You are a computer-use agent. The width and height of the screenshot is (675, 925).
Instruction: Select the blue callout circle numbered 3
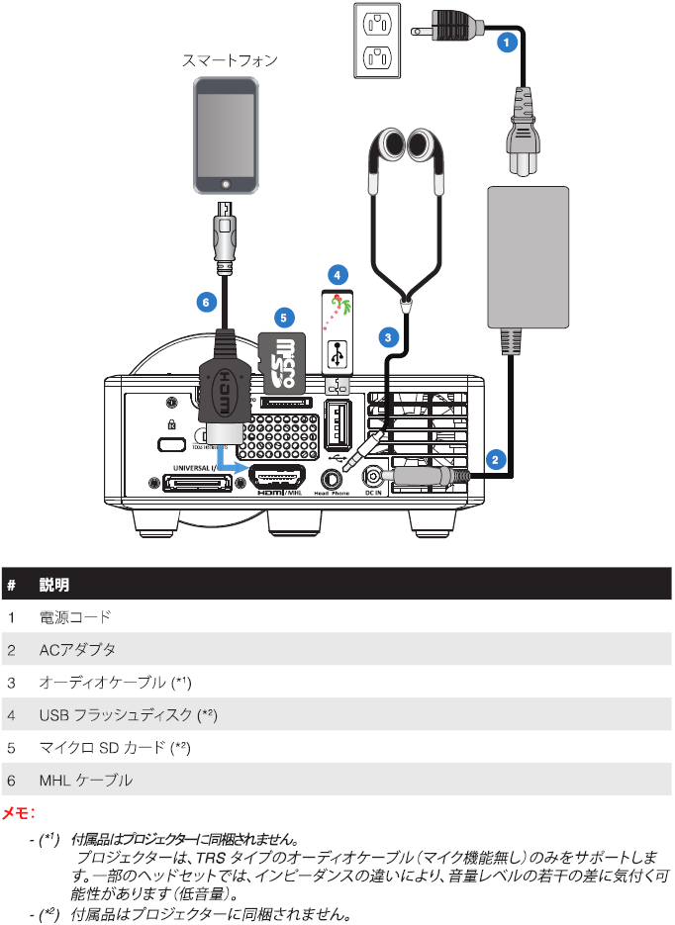(x=389, y=336)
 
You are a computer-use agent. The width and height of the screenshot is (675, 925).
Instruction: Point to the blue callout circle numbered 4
(x=337, y=272)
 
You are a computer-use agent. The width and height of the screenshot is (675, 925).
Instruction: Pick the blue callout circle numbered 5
(x=284, y=318)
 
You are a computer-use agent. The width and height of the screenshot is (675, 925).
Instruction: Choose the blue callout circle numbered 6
(x=205, y=303)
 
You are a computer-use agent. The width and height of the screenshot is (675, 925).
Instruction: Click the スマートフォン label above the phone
(x=230, y=60)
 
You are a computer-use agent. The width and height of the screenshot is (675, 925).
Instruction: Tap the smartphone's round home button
(x=230, y=183)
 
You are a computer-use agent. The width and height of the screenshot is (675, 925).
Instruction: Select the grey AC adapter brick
(x=530, y=256)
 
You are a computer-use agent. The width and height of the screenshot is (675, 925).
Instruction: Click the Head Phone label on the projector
(x=332, y=492)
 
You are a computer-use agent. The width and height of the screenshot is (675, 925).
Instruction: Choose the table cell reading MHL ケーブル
(x=86, y=780)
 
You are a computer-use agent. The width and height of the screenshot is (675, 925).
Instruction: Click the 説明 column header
(x=54, y=585)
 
